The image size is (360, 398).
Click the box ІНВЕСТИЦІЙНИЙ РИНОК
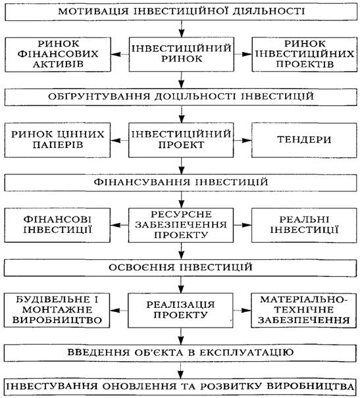click(181, 55)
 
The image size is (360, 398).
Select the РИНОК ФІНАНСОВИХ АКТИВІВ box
click(58, 55)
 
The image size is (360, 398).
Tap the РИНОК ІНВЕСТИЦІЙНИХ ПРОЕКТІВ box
click(305, 55)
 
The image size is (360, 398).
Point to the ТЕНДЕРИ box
click(304, 140)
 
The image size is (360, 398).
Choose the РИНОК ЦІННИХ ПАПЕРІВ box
click(57, 140)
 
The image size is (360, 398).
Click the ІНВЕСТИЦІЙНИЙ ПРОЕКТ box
click(181, 140)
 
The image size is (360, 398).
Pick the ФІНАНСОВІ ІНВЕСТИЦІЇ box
click(57, 225)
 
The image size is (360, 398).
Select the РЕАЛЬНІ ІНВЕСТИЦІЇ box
click(304, 225)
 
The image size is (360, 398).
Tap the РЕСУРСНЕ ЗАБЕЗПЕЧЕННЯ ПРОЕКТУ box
click(181, 225)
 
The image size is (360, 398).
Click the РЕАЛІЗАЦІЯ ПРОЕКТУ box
click(180, 310)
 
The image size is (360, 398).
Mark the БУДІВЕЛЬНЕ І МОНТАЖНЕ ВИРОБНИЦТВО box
click(57, 310)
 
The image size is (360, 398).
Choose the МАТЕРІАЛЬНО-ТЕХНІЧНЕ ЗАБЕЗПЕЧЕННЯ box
click(304, 310)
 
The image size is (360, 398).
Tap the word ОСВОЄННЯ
click(142, 267)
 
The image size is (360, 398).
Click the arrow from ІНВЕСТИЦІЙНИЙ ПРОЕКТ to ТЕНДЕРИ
click(242, 140)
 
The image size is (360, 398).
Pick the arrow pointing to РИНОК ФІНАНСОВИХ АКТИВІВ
click(120, 55)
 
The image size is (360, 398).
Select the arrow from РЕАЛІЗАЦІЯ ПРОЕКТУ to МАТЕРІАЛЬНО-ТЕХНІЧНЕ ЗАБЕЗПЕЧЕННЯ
click(242, 310)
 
